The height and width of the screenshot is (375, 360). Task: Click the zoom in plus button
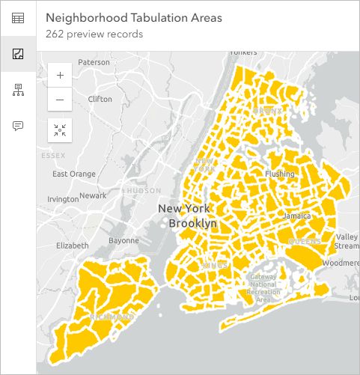coord(60,75)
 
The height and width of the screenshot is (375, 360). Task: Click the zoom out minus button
coord(60,100)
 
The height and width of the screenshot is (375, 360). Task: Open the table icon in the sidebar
coord(17,18)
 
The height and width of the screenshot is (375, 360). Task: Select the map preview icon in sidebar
coord(17,54)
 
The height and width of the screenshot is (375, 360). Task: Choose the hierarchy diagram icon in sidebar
coord(17,90)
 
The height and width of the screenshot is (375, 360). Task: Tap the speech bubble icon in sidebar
coord(17,125)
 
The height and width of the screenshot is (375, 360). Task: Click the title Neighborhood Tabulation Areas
coord(133,18)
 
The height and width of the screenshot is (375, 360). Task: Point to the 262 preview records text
coord(94,34)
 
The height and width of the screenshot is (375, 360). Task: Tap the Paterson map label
coord(94,62)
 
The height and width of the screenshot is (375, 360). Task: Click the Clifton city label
coord(100,99)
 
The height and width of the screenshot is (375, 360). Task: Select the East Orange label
coord(74,174)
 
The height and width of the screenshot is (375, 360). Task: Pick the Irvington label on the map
coord(63,199)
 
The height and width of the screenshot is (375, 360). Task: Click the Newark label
coord(93,195)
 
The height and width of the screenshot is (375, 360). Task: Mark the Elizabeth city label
coord(72,246)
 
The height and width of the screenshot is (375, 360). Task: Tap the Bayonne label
coord(123,240)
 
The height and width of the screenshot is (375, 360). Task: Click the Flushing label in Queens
coord(280,174)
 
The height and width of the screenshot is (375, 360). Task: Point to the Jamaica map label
coord(296,216)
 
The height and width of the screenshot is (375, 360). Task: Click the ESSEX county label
coord(53,156)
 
